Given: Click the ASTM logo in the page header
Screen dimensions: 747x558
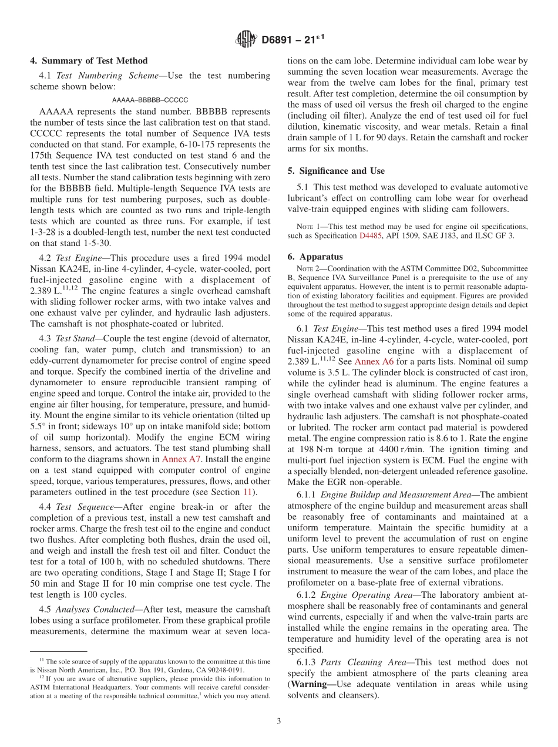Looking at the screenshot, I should pyautogui.click(x=246, y=39).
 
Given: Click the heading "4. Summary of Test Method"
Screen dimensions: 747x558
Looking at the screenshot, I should pyautogui.click(x=89, y=60).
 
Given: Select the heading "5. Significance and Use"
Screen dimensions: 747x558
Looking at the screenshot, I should pyautogui.click(x=336, y=171).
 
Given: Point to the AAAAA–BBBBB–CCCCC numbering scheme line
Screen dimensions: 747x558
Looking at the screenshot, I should pyautogui.click(x=150, y=100).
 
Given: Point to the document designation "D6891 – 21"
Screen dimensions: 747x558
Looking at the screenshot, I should pyautogui.click(x=292, y=40).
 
